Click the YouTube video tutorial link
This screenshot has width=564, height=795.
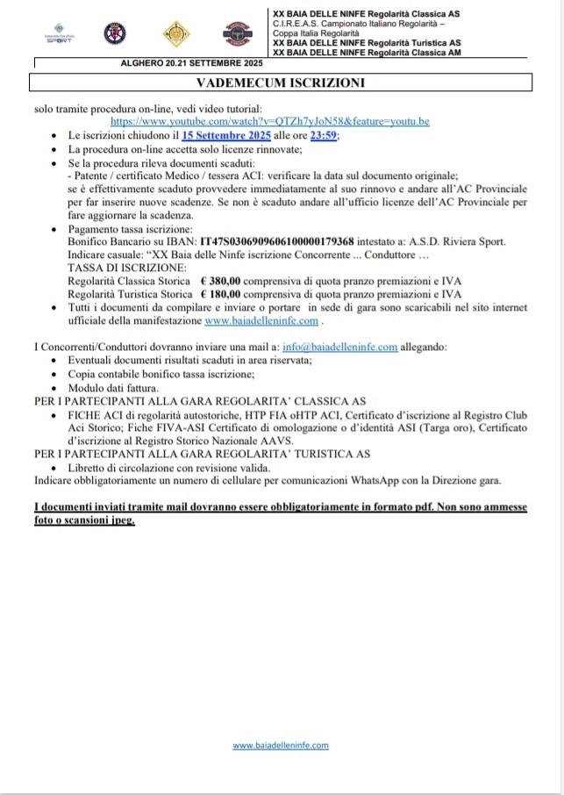click(x=270, y=120)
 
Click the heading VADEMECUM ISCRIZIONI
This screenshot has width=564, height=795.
click(x=281, y=82)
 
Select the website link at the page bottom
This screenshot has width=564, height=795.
click(x=281, y=745)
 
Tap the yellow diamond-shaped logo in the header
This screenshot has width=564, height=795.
click(x=174, y=34)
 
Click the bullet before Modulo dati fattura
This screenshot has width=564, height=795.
click(x=57, y=387)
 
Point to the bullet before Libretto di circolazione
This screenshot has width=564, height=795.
click(x=57, y=467)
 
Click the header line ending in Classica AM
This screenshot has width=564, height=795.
click(x=368, y=52)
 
